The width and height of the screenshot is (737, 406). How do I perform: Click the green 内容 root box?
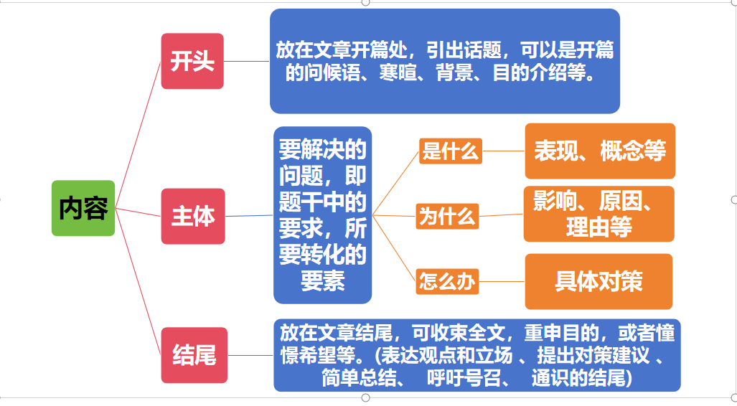click(x=83, y=208)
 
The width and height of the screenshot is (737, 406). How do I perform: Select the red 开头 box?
click(x=192, y=61)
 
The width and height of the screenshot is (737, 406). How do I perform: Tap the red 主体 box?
click(x=193, y=216)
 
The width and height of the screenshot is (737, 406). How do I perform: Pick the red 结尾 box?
click(x=194, y=355)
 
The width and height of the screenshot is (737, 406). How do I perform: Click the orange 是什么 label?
click(x=450, y=151)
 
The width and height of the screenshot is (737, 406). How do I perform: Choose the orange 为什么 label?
click(x=447, y=216)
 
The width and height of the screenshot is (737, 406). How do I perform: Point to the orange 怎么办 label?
click(x=447, y=281)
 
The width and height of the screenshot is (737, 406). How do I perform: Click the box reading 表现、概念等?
click(x=600, y=151)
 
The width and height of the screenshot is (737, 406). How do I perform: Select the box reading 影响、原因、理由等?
click(x=598, y=214)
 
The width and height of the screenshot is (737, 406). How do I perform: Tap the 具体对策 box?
click(x=598, y=281)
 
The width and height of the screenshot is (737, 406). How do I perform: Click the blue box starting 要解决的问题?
click(x=322, y=215)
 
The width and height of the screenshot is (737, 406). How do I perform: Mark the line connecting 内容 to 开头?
click(x=139, y=134)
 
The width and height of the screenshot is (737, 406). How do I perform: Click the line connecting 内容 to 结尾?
click(x=139, y=281)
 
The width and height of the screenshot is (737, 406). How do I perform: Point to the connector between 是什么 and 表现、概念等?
click(x=503, y=151)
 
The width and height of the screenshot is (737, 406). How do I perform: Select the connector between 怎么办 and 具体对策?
click(x=502, y=281)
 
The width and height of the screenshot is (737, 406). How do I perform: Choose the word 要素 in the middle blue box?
click(x=322, y=281)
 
